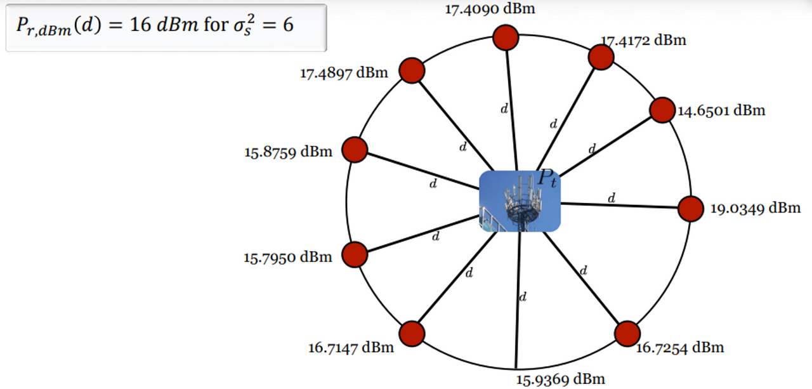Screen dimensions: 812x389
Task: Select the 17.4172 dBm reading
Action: pyautogui.click(x=643, y=41)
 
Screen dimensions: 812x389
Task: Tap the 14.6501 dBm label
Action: pyautogui.click(x=721, y=110)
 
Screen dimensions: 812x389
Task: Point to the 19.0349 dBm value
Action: pyautogui.click(x=755, y=208)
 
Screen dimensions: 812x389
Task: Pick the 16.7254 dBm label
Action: pyautogui.click(x=679, y=347)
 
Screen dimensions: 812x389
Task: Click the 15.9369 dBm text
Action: pyautogui.click(x=560, y=379)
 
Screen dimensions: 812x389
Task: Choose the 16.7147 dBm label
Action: pyautogui.click(x=351, y=347)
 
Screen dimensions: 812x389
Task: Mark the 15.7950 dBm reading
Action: pyautogui.click(x=288, y=257)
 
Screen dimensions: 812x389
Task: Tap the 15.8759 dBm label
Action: pyautogui.click(x=288, y=152)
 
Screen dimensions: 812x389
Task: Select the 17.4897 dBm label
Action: pyautogui.click(x=344, y=72)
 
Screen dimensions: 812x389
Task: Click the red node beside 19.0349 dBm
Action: pyautogui.click(x=691, y=209)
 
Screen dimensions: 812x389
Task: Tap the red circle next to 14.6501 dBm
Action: pyautogui.click(x=662, y=110)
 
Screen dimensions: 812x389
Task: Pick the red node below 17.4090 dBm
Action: pyautogui.click(x=506, y=37)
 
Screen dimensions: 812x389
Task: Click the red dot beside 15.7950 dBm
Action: pyautogui.click(x=355, y=254)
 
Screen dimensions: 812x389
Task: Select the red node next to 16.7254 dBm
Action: pyautogui.click(x=627, y=334)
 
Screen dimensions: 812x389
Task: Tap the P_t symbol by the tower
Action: pyautogui.click(x=547, y=178)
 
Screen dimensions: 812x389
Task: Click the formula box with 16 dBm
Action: pyautogui.click(x=166, y=28)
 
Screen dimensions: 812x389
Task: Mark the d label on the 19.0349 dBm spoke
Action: pyautogui.click(x=612, y=199)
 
